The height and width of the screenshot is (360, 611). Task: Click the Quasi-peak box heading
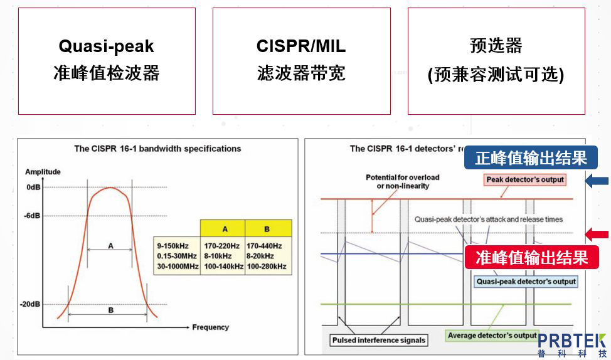pos(106,46)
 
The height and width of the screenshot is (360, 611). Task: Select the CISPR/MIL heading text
pos(301,46)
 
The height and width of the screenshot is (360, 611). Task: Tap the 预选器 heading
pos(496,46)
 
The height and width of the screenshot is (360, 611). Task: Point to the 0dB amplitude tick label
pos(33,188)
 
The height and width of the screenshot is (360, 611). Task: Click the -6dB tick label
pos(33,215)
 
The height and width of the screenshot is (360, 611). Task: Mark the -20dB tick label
pos(31,304)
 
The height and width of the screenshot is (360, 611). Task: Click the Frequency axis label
pos(210,327)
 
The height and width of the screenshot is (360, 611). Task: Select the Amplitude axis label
pos(43,171)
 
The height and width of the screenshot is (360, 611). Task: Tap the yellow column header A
pos(223,228)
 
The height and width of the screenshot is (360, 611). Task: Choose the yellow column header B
pos(268,228)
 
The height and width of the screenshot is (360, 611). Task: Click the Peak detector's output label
pos(525,179)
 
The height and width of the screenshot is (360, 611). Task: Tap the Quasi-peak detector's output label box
pos(526,282)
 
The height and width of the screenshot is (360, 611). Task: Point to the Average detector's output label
pos(492,336)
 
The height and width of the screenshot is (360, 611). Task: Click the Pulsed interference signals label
pos(379,340)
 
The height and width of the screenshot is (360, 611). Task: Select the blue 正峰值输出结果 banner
pos(531,158)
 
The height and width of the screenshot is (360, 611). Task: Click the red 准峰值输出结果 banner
pos(531,257)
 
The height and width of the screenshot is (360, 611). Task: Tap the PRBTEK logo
pos(571,344)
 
